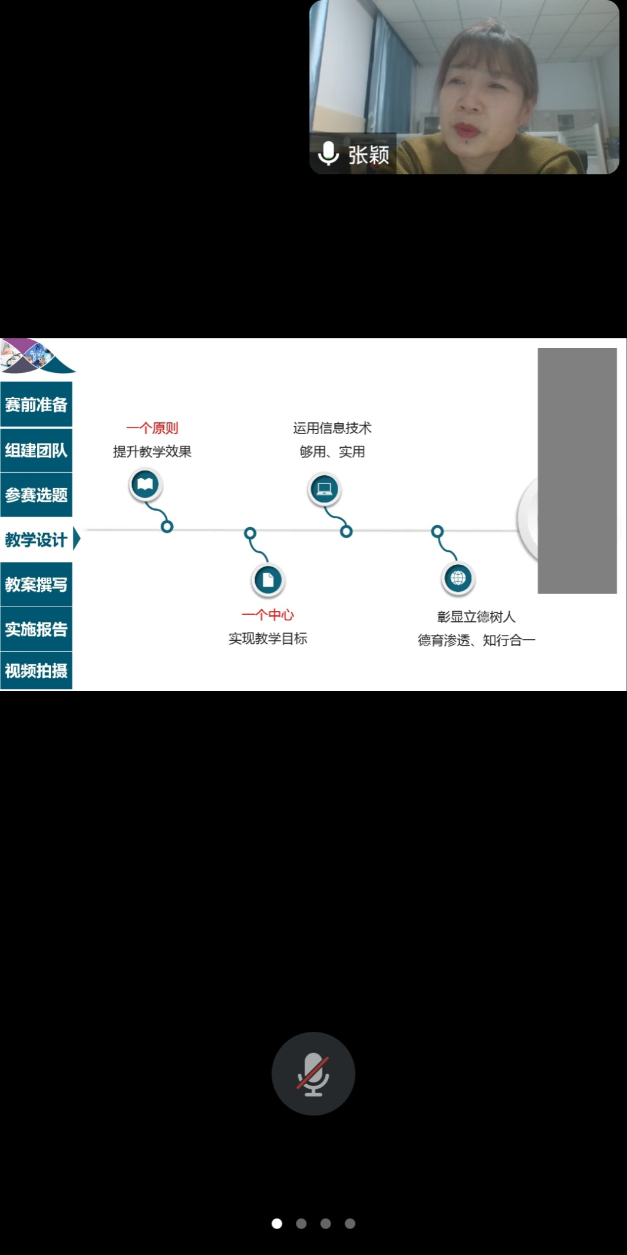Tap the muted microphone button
click(x=313, y=1074)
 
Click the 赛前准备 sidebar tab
click(x=36, y=405)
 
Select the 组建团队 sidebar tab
click(x=36, y=451)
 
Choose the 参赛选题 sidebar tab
click(x=36, y=495)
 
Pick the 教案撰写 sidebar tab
click(x=36, y=584)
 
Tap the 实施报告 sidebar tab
click(x=36, y=629)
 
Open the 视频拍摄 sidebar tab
click(x=36, y=671)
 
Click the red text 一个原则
click(x=152, y=428)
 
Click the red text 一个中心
click(x=268, y=615)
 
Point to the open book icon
click(x=145, y=485)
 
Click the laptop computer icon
click(x=324, y=489)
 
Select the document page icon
click(x=268, y=580)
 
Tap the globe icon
click(x=458, y=578)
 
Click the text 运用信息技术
click(x=332, y=428)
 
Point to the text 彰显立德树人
click(x=476, y=617)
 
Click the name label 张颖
click(x=369, y=155)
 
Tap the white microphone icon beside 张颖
click(x=328, y=154)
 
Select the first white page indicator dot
click(x=277, y=1223)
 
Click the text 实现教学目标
click(x=268, y=638)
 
